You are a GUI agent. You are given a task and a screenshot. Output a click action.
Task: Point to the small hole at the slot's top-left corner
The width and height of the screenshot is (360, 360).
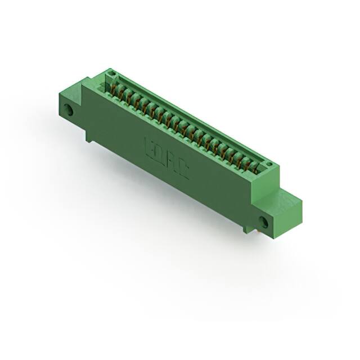tap(111, 74)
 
